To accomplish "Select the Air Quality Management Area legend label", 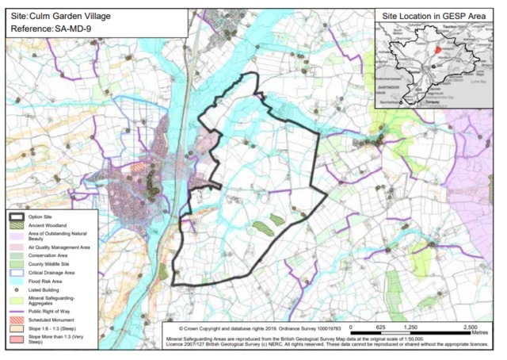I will click(63, 247).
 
